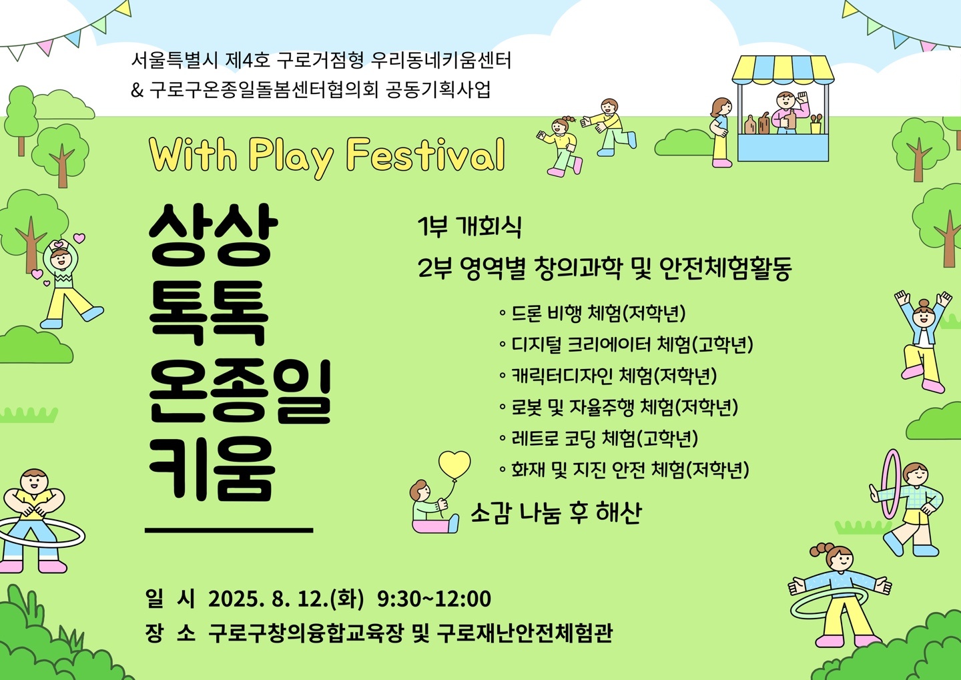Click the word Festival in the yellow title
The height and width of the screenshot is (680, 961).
tap(425, 155)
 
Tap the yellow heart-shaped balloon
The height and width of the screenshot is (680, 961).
tap(454, 464)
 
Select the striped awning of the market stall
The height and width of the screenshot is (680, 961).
tap(783, 69)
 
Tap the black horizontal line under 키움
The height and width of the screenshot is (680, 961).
tap(229, 531)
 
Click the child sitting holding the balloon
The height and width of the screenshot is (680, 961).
tap(432, 506)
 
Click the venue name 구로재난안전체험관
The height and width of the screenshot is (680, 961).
tap(525, 633)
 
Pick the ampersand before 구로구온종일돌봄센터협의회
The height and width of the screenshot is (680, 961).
tap(137, 90)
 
